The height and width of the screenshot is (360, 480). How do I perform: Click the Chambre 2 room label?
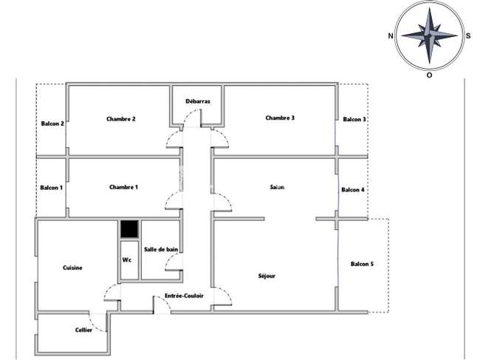(121, 119)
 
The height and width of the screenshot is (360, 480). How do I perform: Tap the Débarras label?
(198, 101)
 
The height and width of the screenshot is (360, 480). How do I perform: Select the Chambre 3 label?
(280, 118)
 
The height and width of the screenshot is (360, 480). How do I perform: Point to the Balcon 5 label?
(362, 264)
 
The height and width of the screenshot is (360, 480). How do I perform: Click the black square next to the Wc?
(129, 229)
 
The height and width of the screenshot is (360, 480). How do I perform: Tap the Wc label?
(127, 259)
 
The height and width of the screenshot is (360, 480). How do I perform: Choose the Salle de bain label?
(161, 249)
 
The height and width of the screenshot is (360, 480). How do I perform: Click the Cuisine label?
(72, 268)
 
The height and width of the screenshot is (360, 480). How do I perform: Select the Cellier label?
(83, 330)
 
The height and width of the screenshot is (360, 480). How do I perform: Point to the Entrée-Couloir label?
(184, 296)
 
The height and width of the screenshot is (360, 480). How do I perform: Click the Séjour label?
(267, 276)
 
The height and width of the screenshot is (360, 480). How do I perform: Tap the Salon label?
(277, 187)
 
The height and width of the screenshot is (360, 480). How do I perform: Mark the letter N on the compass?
(391, 35)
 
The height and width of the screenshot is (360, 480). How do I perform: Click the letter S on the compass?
(468, 35)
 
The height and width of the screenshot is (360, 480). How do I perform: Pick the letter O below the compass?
(430, 75)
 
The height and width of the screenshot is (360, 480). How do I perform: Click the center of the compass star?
(430, 35)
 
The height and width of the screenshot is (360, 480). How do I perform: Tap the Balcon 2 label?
(52, 123)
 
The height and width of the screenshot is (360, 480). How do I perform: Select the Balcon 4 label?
(353, 190)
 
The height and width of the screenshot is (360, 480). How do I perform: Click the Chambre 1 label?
(123, 187)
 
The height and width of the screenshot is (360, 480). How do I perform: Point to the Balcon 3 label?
(354, 119)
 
